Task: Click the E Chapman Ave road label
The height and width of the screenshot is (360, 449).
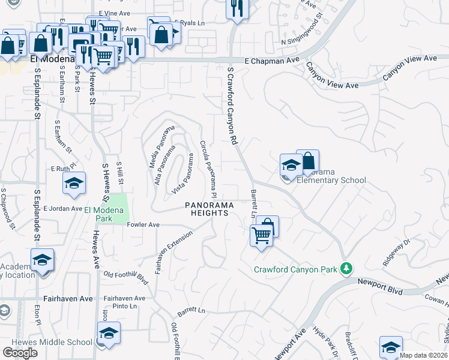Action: (x=272, y=61)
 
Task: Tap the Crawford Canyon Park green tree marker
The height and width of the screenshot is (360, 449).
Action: (x=346, y=268)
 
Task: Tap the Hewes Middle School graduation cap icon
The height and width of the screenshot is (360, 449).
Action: (x=109, y=333)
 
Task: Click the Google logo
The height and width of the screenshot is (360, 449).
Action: (x=20, y=352)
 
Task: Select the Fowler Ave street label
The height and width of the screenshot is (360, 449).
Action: (x=143, y=225)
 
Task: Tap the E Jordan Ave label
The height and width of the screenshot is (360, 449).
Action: (x=62, y=209)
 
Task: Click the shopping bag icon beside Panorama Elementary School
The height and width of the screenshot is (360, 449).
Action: (x=307, y=161)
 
